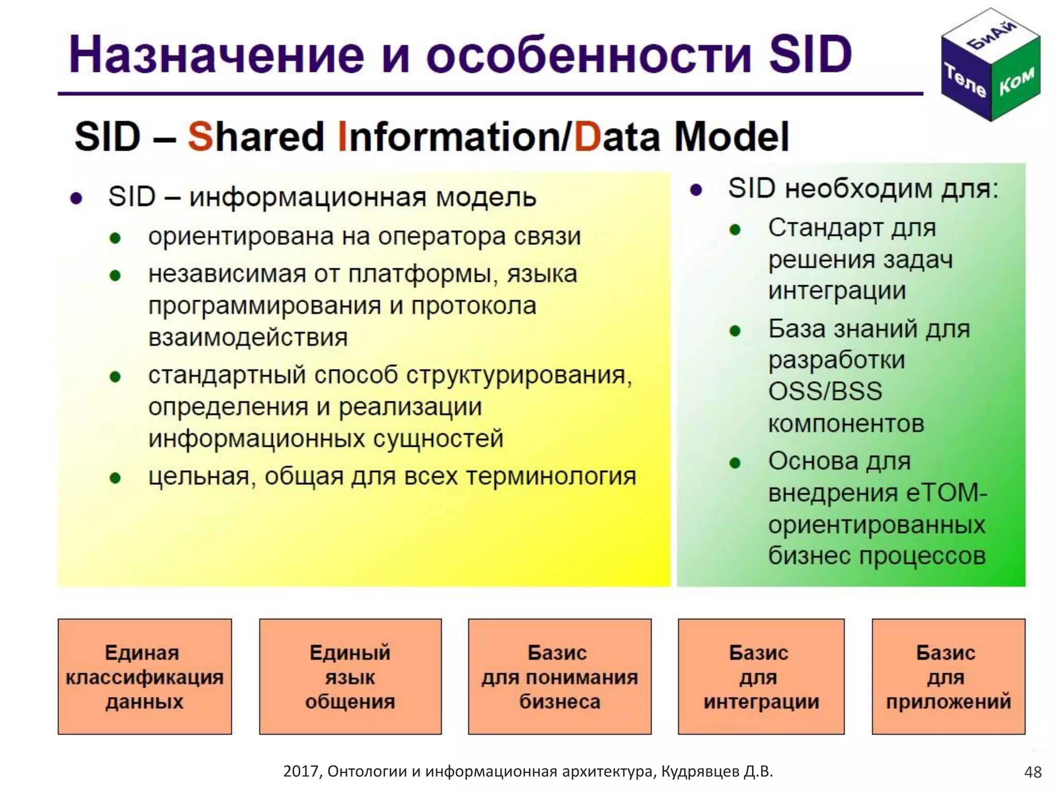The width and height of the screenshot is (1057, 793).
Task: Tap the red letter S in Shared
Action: pos(200,137)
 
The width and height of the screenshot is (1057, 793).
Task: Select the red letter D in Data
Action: pos(587,137)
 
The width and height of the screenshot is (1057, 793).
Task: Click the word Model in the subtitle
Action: pos(731,137)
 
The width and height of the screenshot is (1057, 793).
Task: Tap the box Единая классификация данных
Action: pos(145,676)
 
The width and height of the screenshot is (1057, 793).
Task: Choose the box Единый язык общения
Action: pos(350,676)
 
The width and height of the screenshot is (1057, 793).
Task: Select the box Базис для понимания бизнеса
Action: pos(559,676)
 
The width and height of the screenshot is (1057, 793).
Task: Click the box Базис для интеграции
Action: pos(761,676)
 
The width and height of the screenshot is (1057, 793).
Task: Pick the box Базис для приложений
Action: pos(948,676)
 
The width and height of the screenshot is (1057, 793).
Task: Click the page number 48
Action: pos(1033,772)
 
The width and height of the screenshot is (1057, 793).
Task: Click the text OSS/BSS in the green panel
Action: pos(825,391)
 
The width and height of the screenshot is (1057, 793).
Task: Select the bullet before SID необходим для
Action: pos(696,191)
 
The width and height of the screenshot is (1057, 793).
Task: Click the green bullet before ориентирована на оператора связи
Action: pos(115,239)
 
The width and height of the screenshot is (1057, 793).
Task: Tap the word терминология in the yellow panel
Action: pos(551,477)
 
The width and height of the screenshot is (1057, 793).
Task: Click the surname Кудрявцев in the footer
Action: pos(700,771)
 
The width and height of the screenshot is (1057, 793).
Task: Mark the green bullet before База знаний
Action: pos(735,331)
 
